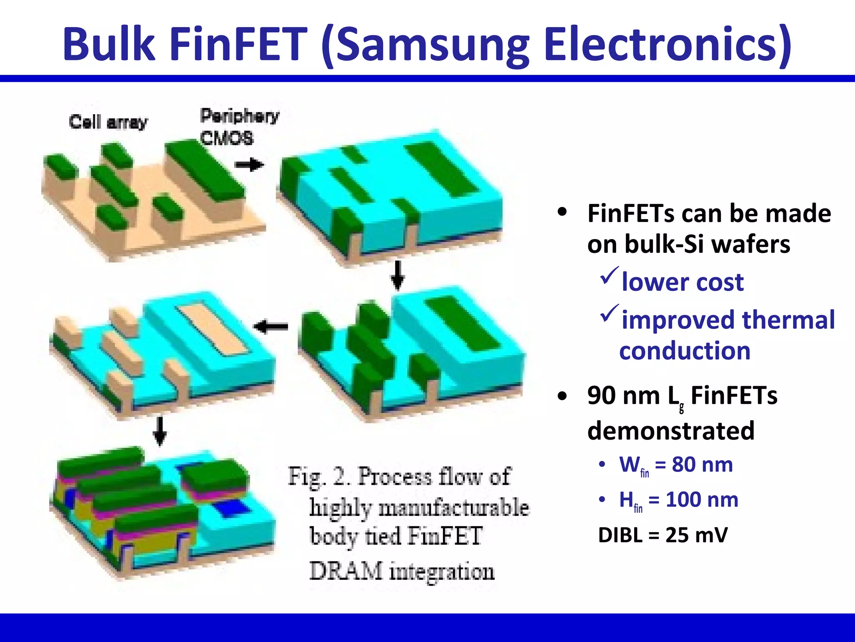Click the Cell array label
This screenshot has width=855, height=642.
[x=108, y=122]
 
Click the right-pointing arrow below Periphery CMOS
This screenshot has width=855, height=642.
[x=249, y=165]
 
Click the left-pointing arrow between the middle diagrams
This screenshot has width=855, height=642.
[x=271, y=326]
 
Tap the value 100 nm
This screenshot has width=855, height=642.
[x=702, y=499]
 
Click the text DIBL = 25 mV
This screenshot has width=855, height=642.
[x=663, y=535]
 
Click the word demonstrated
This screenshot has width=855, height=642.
[x=671, y=431]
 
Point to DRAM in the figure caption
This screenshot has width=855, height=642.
[x=346, y=571]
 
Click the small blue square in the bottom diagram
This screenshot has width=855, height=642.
[x=232, y=510]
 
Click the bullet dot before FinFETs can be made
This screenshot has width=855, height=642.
[x=562, y=212]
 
